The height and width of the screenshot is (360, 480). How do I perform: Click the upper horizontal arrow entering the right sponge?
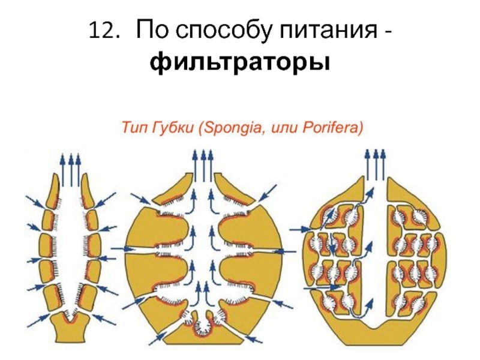click(298, 228)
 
